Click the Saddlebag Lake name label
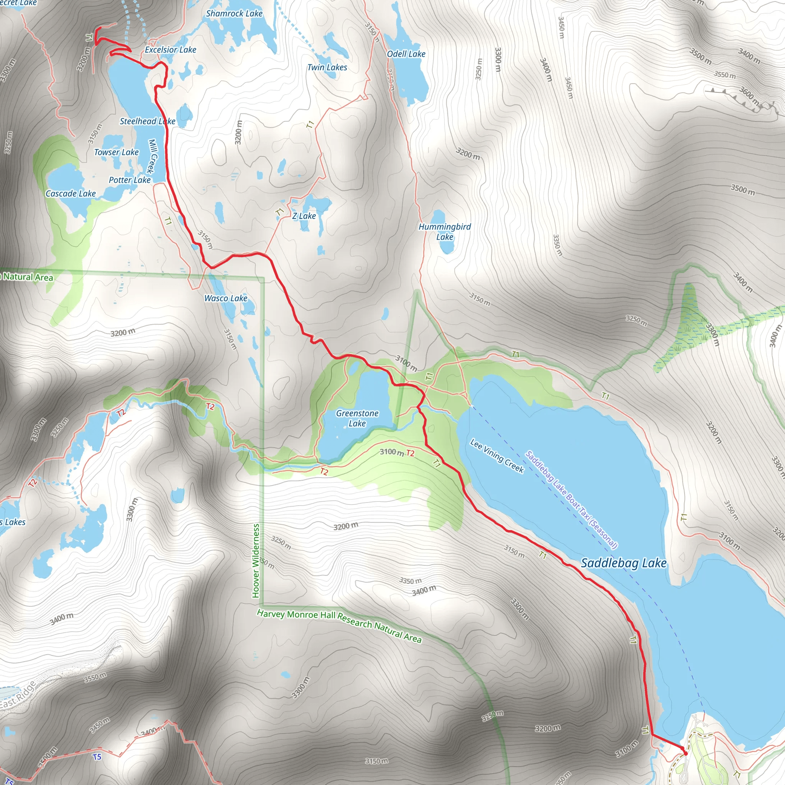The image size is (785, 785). click(x=624, y=563)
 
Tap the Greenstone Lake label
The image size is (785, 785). click(x=357, y=418)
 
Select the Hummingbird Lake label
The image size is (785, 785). click(x=445, y=232)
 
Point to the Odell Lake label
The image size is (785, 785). click(x=406, y=54)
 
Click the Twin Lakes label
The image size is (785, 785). click(x=327, y=67)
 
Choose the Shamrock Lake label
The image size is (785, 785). click(x=234, y=13)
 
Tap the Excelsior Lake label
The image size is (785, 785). click(x=170, y=49)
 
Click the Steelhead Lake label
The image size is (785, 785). click(x=148, y=121)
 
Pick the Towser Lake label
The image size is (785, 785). click(x=116, y=153)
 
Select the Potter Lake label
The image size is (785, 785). click(x=130, y=180)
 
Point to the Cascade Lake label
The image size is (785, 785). click(x=70, y=194)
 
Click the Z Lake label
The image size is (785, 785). click(x=304, y=216)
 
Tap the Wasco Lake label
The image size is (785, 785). click(x=225, y=298)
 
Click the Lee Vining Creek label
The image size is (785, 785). click(x=496, y=456)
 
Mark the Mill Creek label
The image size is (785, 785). click(x=152, y=156)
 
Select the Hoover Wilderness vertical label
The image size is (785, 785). click(x=256, y=561)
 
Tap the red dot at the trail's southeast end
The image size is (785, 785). click(x=686, y=753)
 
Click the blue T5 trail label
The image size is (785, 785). click(x=97, y=757)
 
